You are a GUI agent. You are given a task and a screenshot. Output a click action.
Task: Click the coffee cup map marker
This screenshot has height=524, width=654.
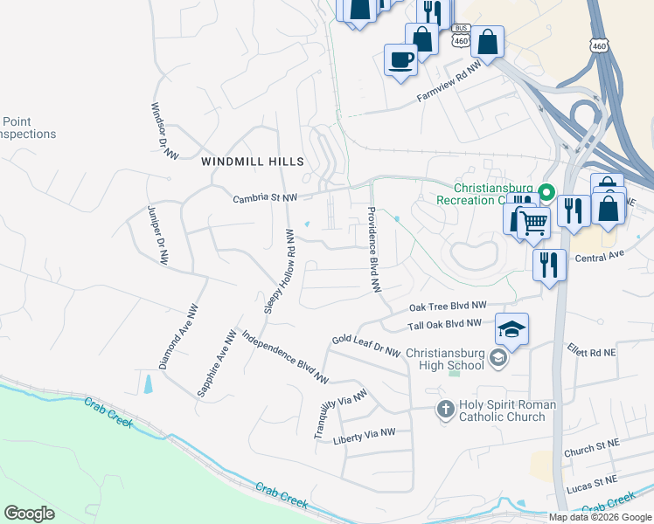click(x=401, y=59)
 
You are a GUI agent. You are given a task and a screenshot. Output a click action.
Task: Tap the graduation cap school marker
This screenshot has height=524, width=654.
click(x=512, y=329)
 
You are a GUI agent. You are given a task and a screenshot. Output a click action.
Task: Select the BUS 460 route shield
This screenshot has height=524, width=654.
click(x=460, y=36)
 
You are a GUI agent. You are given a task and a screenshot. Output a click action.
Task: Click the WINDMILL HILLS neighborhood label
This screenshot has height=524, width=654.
click(x=253, y=162)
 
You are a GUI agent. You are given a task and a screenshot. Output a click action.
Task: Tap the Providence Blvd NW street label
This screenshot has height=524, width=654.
click(x=374, y=249)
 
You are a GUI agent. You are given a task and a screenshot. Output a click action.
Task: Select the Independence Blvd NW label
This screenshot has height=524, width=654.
click(x=284, y=357)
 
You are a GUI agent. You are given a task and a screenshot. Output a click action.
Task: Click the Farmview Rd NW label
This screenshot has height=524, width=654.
click(x=449, y=81)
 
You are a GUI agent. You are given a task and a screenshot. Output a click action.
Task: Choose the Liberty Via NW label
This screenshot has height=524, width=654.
click(x=365, y=437)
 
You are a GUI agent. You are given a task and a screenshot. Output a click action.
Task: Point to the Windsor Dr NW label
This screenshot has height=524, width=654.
click(x=164, y=131)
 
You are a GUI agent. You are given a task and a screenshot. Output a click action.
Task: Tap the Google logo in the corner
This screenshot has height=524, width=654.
click(x=29, y=514)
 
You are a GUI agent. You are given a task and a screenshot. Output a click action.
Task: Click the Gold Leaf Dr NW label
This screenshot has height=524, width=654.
click(x=365, y=345)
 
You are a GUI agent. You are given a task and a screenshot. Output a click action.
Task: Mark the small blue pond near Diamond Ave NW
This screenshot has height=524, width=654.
click(x=148, y=383)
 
